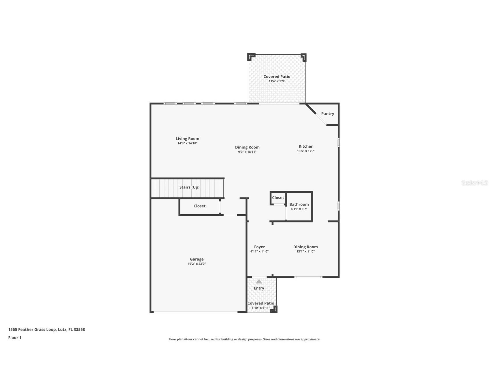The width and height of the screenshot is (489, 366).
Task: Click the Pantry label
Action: tap(328, 114)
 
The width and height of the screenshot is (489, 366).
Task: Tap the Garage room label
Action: tap(197, 259)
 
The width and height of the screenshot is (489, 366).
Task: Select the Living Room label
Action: tap(188, 139)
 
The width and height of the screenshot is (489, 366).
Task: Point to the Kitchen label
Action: tap(306, 146)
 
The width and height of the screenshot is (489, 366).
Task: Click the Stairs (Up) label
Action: tap(189, 187)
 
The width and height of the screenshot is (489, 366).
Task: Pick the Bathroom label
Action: tap(299, 205)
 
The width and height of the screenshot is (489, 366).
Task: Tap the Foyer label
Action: tap(259, 247)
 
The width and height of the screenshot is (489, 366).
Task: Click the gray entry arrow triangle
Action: tap(259, 281)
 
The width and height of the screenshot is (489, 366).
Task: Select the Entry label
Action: tap(259, 288)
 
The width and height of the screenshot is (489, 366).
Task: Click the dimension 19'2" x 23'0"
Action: tap(197, 264)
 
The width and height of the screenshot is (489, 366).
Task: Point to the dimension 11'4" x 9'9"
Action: tap(277, 81)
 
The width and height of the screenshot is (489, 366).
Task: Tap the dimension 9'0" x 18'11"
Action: tap(247, 152)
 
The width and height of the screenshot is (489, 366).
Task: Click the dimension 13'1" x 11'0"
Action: tap(305, 251)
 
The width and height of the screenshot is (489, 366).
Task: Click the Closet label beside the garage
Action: tap(199, 206)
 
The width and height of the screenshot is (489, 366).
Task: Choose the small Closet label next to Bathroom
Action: tap(278, 198)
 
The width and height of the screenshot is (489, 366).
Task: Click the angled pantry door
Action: tap(321, 119)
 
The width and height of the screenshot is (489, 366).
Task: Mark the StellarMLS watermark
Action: tap(475, 183)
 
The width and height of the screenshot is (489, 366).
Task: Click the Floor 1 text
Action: tap(15, 338)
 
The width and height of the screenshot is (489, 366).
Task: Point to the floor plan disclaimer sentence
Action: tap(244, 339)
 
